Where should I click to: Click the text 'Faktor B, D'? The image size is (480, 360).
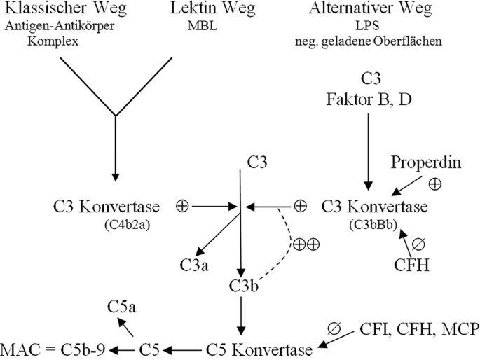click(369, 99)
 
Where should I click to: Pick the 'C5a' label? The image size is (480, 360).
click(121, 306)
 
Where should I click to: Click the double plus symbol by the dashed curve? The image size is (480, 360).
click(306, 244)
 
